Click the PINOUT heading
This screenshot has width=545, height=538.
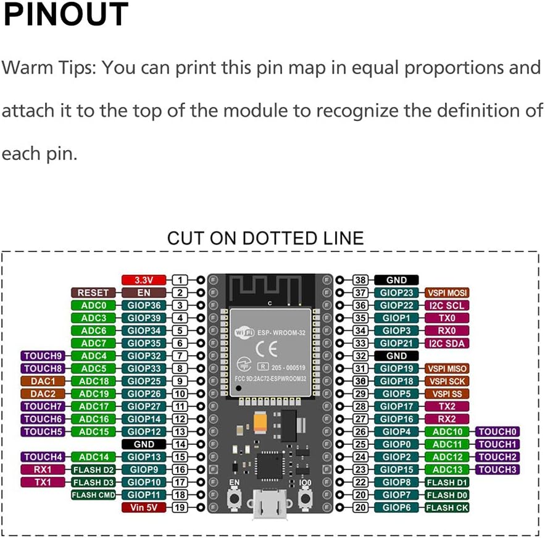coord(65,15)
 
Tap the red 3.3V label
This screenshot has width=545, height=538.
coord(144,280)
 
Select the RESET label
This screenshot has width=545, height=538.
coord(93,293)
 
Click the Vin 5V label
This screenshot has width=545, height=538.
coord(144,507)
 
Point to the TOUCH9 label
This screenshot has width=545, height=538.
coord(43,356)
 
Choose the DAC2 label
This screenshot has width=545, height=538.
coord(43,393)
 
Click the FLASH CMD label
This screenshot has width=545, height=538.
coord(93,495)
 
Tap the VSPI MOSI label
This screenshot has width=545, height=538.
coord(447,293)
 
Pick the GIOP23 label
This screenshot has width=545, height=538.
coord(396,293)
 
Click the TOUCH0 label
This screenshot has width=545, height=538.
coord(497,432)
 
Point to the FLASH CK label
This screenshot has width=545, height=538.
coord(447,507)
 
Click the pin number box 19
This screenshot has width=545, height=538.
coord(180,507)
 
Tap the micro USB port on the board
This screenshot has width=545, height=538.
coord(269,506)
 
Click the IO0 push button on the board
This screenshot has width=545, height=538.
coord(305,498)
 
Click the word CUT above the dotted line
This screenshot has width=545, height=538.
coord(186,238)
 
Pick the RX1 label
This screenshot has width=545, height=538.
coord(43,469)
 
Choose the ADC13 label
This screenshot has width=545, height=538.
coord(447,469)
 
